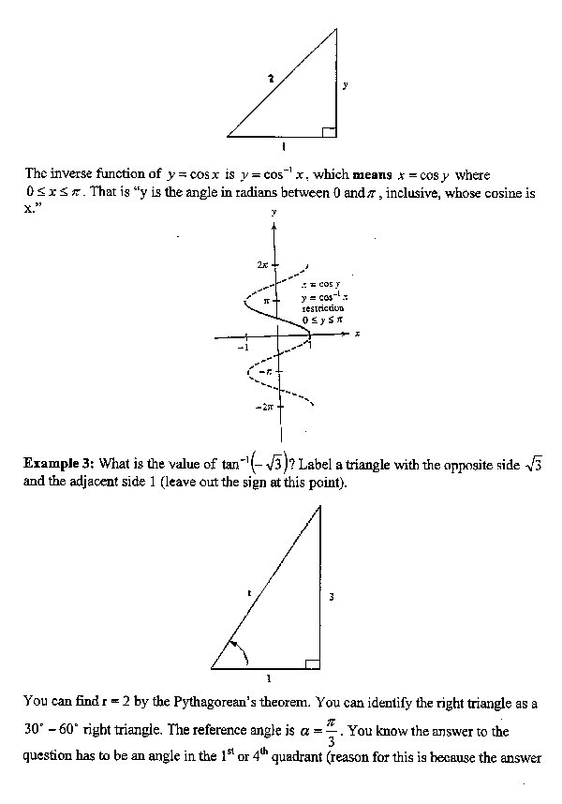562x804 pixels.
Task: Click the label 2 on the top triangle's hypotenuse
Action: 271,79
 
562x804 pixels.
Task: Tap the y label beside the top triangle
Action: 345,85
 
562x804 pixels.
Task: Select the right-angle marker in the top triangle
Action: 329,130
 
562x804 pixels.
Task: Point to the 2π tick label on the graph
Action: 264,265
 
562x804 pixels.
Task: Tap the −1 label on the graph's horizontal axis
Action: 242,347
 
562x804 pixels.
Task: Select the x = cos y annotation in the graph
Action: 320,284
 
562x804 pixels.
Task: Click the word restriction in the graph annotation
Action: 322,307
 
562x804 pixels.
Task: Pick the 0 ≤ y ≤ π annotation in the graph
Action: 323,320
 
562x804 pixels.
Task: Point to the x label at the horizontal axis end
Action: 358,334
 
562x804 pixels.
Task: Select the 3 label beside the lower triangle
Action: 331,595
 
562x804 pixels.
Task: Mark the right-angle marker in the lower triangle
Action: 313,664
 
